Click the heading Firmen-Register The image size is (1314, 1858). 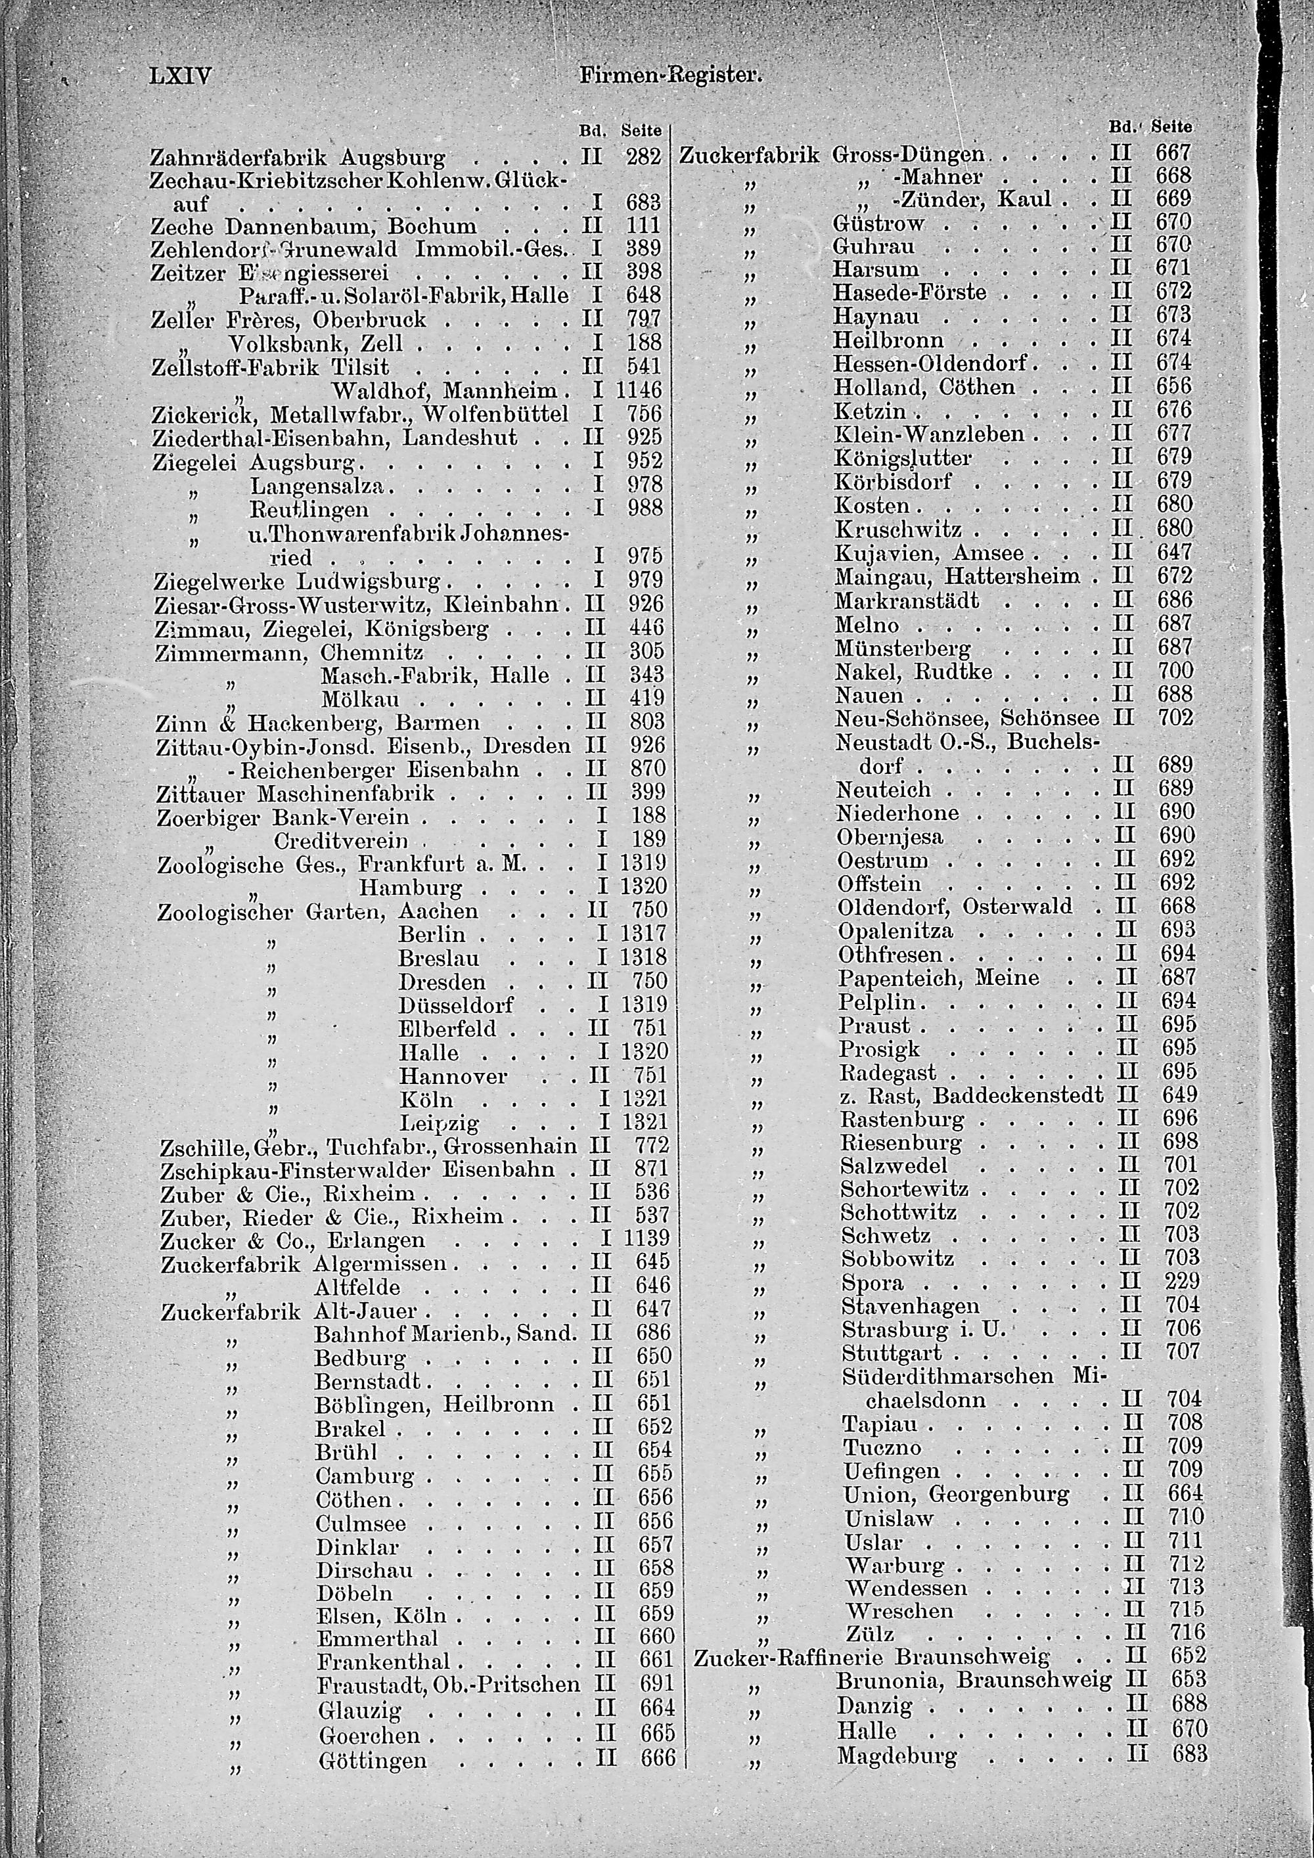(671, 76)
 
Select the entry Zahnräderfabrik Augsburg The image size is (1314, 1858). (298, 156)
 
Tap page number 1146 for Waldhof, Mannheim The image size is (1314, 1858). (639, 391)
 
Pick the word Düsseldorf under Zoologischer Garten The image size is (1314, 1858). (455, 1005)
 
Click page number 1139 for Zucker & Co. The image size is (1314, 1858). (646, 1239)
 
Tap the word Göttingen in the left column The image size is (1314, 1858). (373, 1759)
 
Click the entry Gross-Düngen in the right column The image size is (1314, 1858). (908, 154)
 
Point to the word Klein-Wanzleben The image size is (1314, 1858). (929, 434)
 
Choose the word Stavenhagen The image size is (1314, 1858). (910, 1305)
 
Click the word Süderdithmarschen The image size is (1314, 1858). (947, 1376)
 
